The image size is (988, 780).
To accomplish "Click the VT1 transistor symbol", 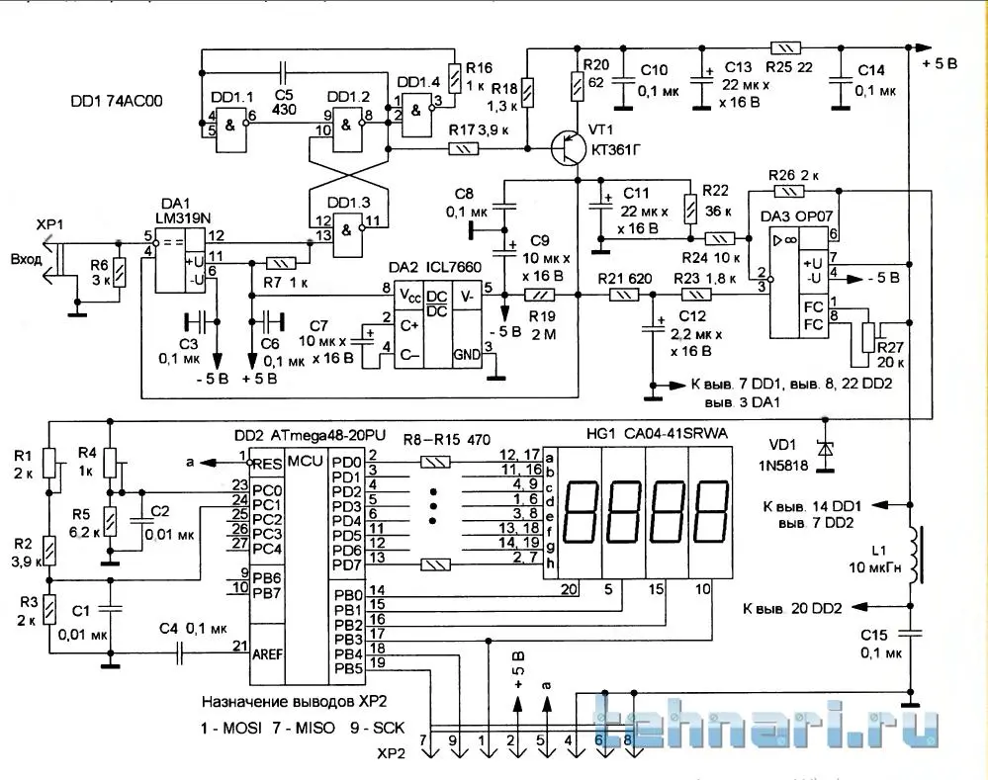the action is click(567, 148).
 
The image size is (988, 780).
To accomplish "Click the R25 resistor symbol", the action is click(785, 47).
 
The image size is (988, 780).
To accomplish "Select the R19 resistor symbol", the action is click(540, 295).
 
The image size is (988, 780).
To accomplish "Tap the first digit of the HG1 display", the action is click(581, 512).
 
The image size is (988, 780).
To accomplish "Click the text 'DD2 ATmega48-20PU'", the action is click(310, 435).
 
